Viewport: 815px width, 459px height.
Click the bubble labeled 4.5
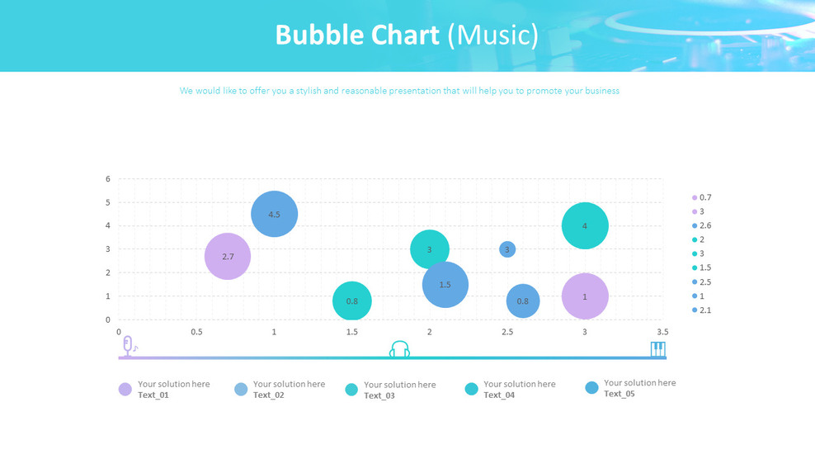pos(275,214)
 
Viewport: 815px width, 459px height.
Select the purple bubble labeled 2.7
pos(228,256)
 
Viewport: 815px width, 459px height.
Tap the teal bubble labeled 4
pos(585,225)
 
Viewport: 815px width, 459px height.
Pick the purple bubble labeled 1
pos(585,296)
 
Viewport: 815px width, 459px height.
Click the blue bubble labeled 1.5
pos(445,284)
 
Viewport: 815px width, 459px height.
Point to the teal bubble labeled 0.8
pos(352,301)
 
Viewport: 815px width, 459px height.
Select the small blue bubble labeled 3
pos(507,249)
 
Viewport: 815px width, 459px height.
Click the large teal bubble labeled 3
pos(429,249)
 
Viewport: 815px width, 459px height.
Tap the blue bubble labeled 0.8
pos(523,301)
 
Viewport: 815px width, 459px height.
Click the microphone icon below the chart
pos(129,347)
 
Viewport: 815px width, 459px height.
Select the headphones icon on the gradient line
pos(399,349)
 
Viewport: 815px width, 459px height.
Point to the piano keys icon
pos(657,349)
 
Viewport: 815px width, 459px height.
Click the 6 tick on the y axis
pos(108,178)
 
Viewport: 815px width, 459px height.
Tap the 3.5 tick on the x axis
pos(662,332)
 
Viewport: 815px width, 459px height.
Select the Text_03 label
pos(379,395)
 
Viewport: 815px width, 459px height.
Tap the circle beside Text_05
pos(591,387)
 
